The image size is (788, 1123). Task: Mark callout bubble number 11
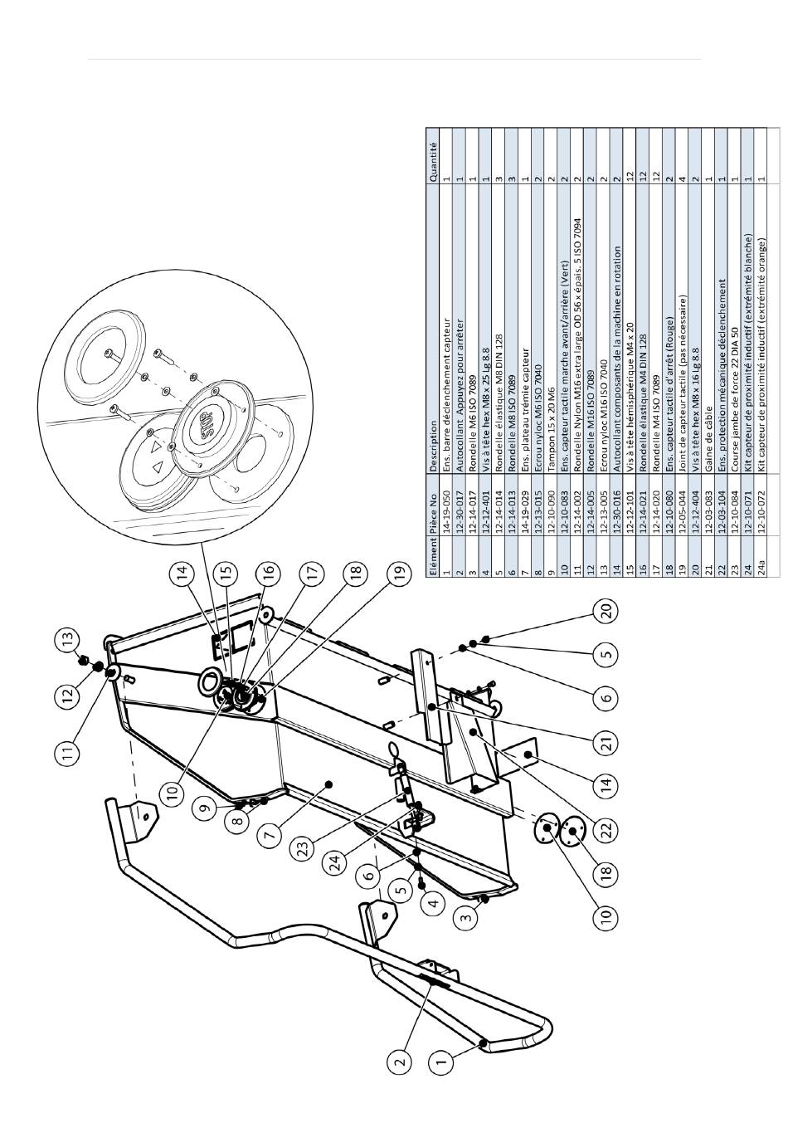click(x=68, y=753)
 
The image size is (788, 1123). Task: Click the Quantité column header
click(x=433, y=156)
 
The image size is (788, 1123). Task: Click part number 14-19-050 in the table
click(x=446, y=510)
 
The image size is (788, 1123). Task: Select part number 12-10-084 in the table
click(x=734, y=510)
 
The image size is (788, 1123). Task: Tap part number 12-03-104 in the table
click(x=721, y=510)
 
